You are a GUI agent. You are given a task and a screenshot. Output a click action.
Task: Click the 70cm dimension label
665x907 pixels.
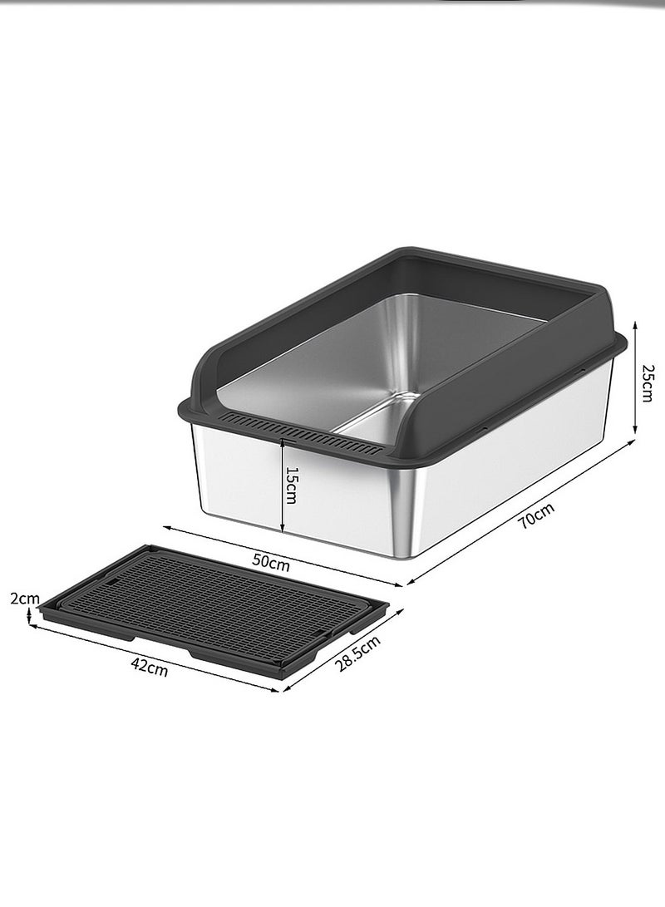(536, 515)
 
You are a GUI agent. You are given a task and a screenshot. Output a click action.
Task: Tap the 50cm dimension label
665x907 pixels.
(271, 562)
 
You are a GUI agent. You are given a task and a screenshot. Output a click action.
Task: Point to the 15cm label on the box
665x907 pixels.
(292, 485)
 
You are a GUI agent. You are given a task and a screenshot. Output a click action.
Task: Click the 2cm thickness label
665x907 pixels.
(24, 598)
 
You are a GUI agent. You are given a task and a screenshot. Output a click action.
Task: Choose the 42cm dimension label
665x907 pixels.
(149, 667)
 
